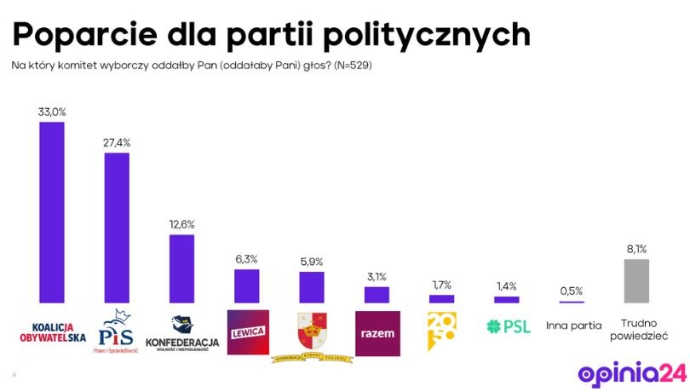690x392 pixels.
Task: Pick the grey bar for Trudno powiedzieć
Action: [637, 280]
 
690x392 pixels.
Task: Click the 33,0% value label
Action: [52, 112]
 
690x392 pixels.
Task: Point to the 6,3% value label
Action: [247, 259]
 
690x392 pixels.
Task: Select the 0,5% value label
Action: [572, 291]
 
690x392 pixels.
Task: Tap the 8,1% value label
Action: [636, 249]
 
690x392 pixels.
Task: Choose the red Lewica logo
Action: [247, 331]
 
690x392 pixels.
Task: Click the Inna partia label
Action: [572, 326]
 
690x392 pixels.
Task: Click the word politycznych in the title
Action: [418, 33]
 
